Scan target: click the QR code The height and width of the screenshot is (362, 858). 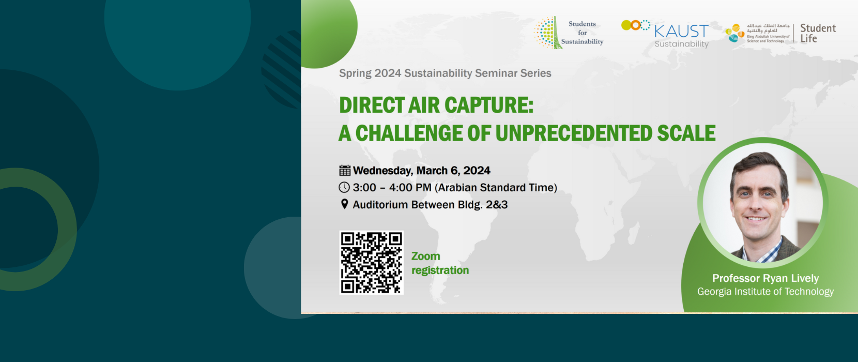371,263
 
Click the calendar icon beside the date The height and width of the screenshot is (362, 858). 345,171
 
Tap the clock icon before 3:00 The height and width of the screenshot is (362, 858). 344,188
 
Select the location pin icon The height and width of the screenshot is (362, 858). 345,204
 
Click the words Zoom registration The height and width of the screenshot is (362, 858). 439,263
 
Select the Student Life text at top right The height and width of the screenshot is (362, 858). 818,33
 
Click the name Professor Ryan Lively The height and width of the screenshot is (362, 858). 765,278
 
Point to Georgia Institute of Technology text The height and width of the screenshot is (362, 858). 765,292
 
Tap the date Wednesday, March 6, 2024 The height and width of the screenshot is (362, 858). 421,171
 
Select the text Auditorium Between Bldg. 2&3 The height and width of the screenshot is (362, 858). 430,205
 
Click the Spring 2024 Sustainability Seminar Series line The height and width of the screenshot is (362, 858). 445,73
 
